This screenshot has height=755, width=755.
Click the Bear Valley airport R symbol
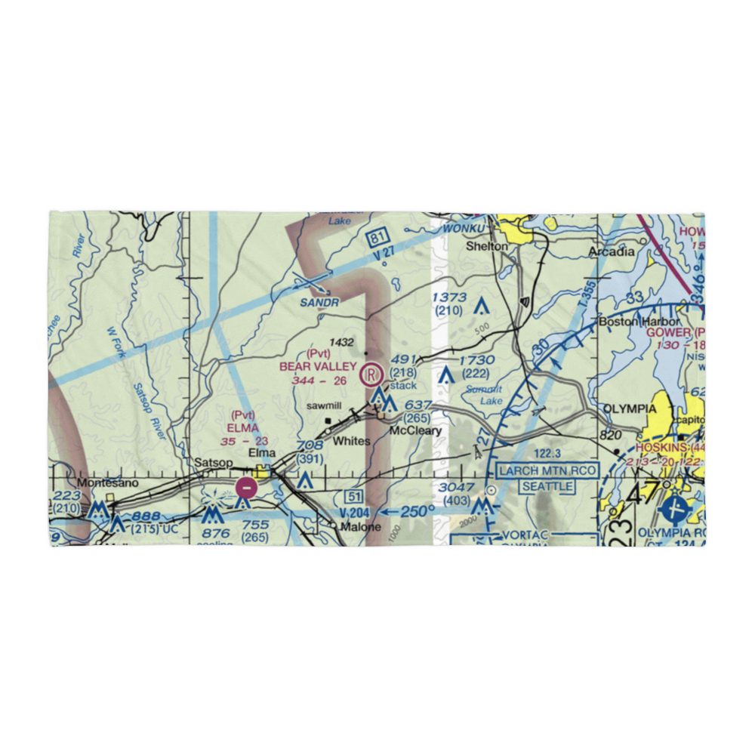point(371,373)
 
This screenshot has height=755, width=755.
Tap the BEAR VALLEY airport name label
point(318,366)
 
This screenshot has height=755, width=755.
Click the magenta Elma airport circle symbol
point(245,488)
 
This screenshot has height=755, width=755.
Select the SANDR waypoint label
point(318,301)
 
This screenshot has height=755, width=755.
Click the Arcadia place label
point(612,251)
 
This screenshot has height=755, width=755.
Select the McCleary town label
point(414,431)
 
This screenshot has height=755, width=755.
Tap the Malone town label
point(360,527)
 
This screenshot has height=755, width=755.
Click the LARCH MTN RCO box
point(547,471)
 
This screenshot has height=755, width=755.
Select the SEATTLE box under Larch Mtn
point(547,486)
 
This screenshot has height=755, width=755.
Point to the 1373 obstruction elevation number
point(449,297)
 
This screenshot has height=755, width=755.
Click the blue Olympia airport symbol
point(673,510)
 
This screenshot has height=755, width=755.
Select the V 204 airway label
point(355,511)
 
